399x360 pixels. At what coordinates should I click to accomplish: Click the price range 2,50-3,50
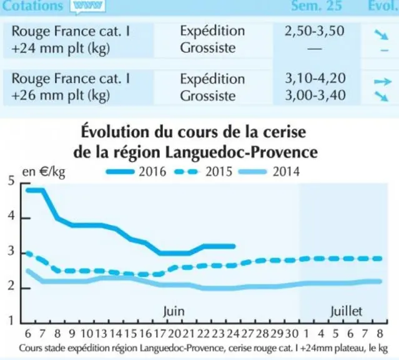pos(315,31)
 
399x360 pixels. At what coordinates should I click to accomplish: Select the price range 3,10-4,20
pos(315,79)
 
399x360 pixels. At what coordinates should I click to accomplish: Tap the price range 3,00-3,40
pos(315,95)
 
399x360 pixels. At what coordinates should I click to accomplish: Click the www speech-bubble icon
pos(87,6)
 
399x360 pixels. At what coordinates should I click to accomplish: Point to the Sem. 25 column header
pos(317,6)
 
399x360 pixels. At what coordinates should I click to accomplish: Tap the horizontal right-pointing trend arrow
pos(383,81)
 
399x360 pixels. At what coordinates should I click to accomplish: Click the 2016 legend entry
pos(136,171)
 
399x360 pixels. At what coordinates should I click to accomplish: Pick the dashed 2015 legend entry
pos(204,171)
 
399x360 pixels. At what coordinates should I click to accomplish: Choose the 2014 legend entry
pos(269,171)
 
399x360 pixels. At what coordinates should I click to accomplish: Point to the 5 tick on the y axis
pos(11,182)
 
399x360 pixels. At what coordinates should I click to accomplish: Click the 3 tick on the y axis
pos(11,251)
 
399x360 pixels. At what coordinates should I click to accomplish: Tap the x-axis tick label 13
pos(101,334)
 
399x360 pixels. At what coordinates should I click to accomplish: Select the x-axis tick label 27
pos(247,334)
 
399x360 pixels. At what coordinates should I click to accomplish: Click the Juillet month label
pos(346,311)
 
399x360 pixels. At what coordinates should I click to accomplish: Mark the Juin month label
pos(174,311)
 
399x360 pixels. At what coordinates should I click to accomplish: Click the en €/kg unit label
pos(44,172)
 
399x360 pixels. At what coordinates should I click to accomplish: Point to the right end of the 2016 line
pos(234,246)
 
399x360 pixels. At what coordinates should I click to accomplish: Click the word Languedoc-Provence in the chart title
pos(241,152)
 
